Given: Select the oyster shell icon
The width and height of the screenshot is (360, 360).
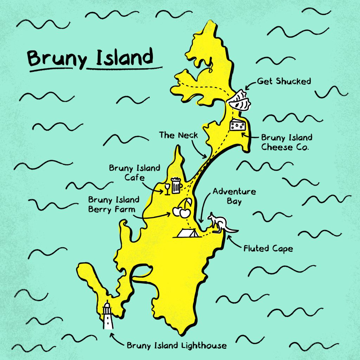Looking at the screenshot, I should pyautogui.click(x=239, y=101).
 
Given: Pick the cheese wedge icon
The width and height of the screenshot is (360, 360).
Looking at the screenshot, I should pyautogui.click(x=238, y=125).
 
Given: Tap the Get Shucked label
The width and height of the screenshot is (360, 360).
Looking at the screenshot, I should pyautogui.click(x=284, y=81).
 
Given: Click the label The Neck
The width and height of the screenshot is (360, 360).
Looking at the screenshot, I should pyautogui.click(x=178, y=135).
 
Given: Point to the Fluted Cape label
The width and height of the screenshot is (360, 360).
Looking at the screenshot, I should pyautogui.click(x=268, y=249).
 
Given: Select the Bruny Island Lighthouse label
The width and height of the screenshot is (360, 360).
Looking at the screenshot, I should pyautogui.click(x=176, y=345).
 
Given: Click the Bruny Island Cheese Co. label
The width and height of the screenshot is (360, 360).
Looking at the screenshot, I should pyautogui.click(x=286, y=142).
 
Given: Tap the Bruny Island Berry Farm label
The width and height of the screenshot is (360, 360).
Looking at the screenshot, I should pyautogui.click(x=114, y=204).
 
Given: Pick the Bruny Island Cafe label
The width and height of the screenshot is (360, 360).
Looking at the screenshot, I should pyautogui.click(x=134, y=172).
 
